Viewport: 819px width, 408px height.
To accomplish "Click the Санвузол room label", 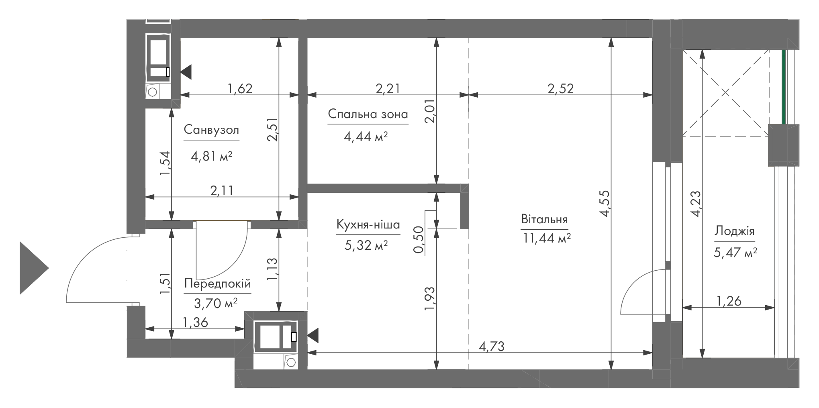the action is coord(211,130).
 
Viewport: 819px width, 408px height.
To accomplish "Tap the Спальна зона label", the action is coord(368,114).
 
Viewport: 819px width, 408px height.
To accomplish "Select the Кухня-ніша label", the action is coord(368,224).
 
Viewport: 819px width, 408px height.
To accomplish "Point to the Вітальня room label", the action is coord(544,220).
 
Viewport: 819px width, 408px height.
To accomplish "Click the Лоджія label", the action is coord(734,231).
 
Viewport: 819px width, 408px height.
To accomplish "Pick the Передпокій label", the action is coord(218,284).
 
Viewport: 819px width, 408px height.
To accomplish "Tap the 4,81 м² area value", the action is coord(212,156).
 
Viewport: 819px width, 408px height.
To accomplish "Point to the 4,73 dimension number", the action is coord(491,346).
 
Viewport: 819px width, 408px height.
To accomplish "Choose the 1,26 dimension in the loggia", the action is coord(729,301).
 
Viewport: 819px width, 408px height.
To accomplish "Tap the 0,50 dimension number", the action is coord(419,240).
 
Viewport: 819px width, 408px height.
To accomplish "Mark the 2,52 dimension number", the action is coord(561,88).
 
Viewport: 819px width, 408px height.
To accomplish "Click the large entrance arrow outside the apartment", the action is coord(34,268).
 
